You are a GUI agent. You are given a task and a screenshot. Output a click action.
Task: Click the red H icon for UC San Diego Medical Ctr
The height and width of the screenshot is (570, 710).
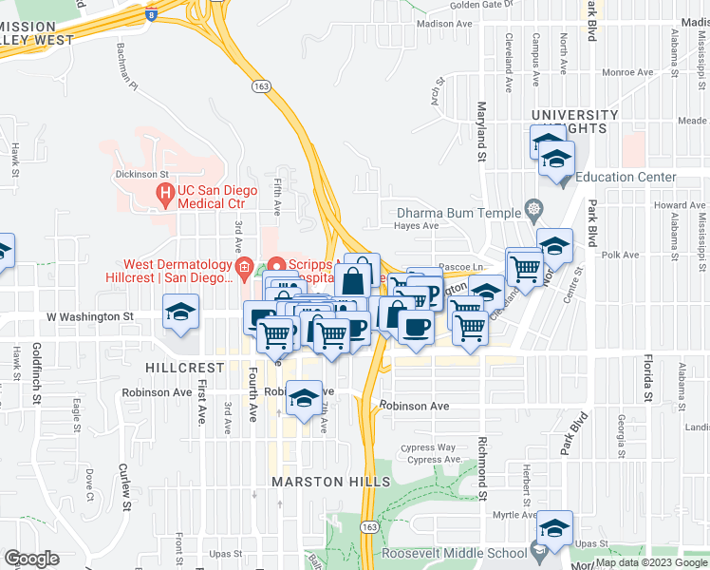coord(165,197)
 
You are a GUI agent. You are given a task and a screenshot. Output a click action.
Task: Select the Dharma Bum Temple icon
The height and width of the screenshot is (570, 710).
coord(534,210)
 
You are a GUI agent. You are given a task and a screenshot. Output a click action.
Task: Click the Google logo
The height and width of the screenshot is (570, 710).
coord(31,559)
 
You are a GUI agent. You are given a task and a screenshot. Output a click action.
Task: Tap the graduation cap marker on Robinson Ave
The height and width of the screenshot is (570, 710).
coord(303,399)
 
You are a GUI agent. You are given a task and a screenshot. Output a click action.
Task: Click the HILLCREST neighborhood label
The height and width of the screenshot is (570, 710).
coord(185,366)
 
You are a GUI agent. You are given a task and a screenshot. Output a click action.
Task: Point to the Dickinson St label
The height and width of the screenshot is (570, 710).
coord(141,175)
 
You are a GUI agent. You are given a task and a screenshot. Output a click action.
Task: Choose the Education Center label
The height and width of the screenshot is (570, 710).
coord(626,177)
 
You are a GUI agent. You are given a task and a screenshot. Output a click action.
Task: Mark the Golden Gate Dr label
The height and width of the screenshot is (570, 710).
coord(480,5)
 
